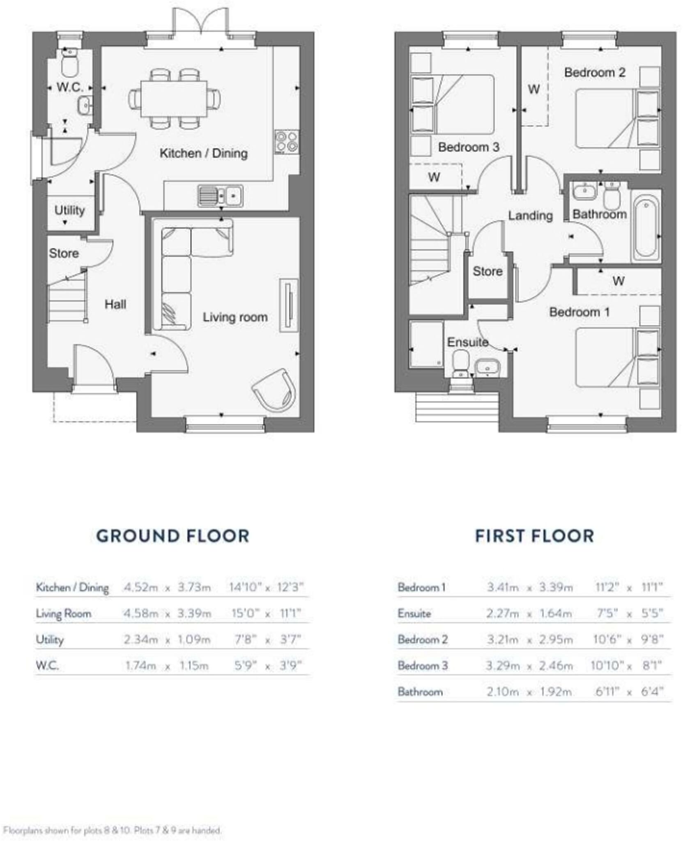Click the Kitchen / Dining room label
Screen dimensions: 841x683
203,153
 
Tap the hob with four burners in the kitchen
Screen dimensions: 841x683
286,142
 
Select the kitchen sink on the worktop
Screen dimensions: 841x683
220,195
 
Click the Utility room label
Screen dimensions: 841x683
69,210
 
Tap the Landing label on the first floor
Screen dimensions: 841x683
530,215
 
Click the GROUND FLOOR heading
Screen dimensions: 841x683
172,536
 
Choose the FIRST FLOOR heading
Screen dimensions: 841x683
534,536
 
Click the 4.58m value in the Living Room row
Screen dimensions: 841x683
141,614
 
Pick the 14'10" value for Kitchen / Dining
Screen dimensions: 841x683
245,587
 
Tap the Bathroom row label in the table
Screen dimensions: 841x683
420,692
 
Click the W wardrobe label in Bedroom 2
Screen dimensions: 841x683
533,89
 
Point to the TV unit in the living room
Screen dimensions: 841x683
288,305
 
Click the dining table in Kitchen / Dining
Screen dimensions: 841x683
174,99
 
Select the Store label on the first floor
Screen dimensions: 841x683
487,271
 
